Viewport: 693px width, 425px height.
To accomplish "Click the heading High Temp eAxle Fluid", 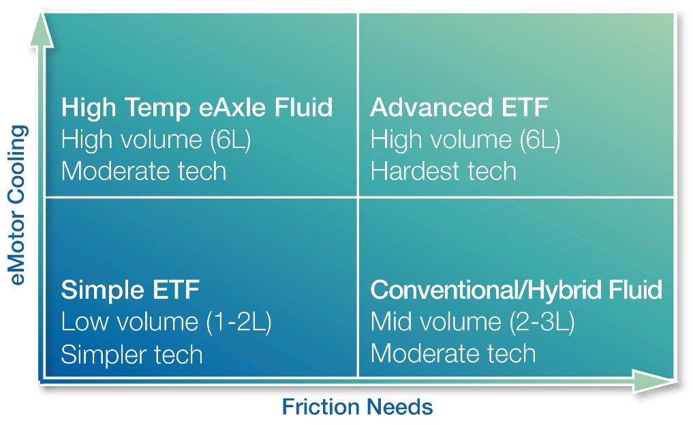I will [x=197, y=108].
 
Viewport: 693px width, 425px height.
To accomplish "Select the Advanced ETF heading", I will [x=459, y=108].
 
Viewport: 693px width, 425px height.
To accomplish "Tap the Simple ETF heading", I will [x=130, y=291].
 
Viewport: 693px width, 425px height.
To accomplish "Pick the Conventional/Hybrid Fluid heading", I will [x=516, y=291].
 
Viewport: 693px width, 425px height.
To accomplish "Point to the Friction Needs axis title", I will [x=357, y=407].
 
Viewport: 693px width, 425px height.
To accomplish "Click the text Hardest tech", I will [x=443, y=171].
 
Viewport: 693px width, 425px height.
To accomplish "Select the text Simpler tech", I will [x=132, y=355].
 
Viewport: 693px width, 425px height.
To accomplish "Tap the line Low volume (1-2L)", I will [x=166, y=323].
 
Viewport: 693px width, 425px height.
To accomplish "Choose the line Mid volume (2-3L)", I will [x=472, y=323].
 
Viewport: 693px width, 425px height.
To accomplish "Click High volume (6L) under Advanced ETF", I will [x=465, y=140].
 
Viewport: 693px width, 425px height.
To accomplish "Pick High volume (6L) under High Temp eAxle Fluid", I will [x=156, y=140].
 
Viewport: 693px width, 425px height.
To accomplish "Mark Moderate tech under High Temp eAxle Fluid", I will [x=143, y=171].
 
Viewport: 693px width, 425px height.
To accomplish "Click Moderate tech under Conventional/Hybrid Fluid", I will [x=452, y=355].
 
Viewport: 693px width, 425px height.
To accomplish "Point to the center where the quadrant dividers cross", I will [x=358, y=198].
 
